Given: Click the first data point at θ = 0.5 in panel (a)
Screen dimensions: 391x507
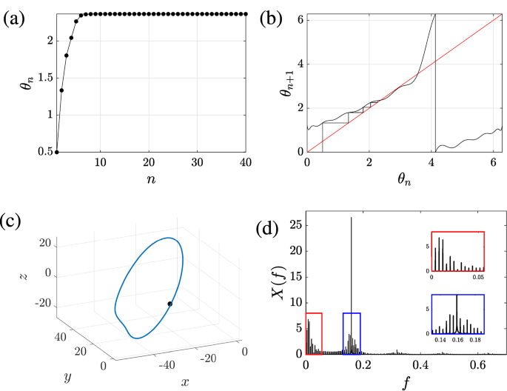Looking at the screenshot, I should (x=57, y=152).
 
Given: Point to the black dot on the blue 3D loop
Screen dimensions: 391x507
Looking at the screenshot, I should (x=170, y=304).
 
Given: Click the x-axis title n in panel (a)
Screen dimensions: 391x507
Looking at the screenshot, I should (x=150, y=180).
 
